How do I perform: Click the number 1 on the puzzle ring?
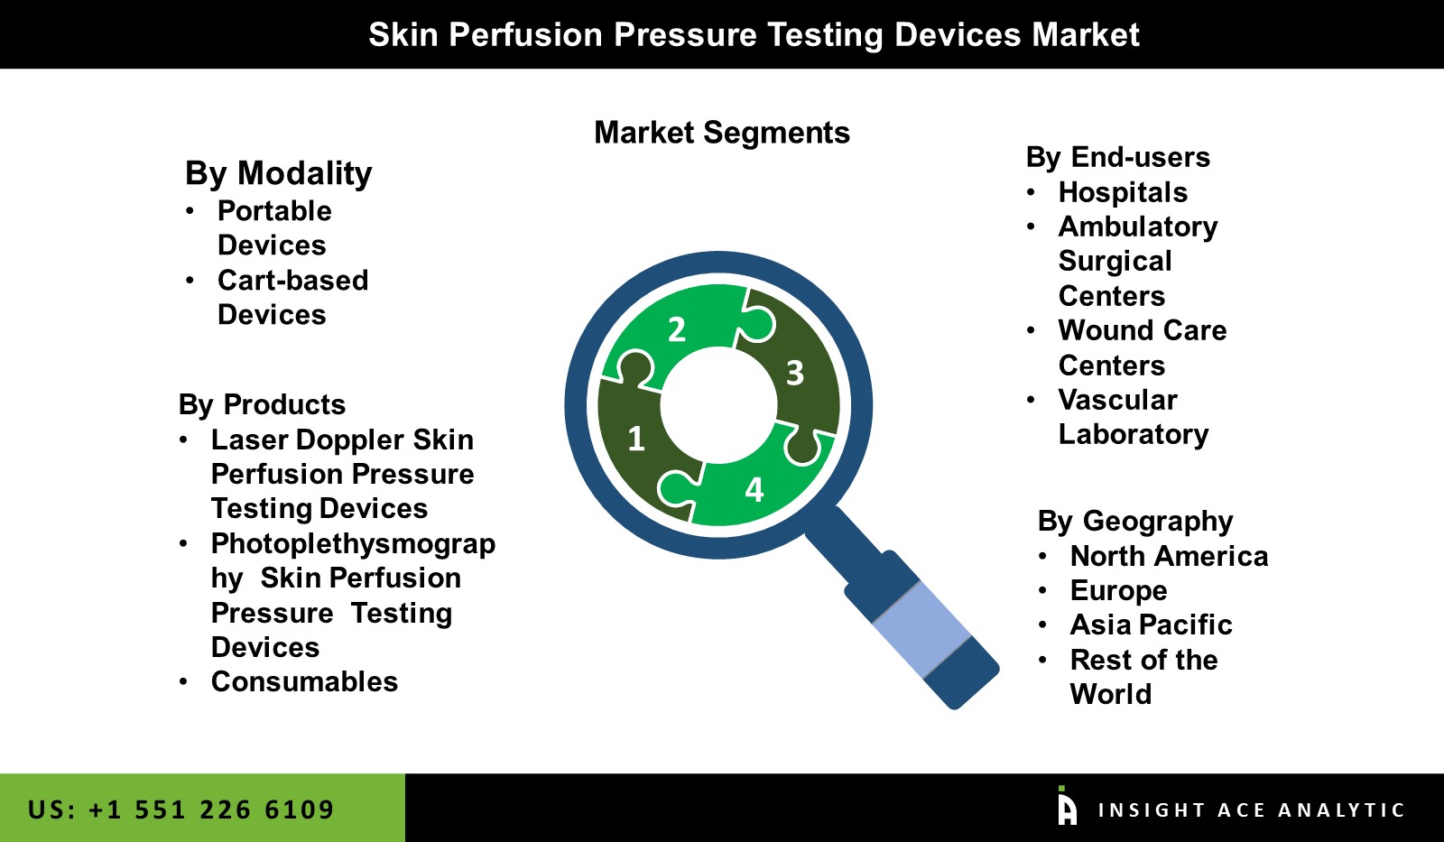point(636,439)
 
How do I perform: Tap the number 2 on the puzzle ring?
point(677,329)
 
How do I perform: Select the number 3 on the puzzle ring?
point(795,373)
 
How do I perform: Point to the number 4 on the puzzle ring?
point(754,490)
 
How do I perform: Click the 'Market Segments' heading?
point(722,133)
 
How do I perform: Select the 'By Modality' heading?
point(278,172)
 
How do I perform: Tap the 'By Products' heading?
point(262,404)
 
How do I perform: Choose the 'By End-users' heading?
point(1117,157)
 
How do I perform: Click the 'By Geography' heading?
point(1134,521)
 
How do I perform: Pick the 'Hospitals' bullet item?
point(1123,192)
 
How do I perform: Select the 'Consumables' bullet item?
point(304,681)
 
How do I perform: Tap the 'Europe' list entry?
point(1118,590)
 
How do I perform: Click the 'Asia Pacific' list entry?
point(1151,625)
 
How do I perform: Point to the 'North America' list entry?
point(1169,556)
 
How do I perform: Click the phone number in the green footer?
point(180,810)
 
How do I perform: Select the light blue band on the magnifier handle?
point(921,628)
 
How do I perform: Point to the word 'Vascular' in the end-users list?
point(1117,400)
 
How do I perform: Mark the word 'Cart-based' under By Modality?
point(292,280)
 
